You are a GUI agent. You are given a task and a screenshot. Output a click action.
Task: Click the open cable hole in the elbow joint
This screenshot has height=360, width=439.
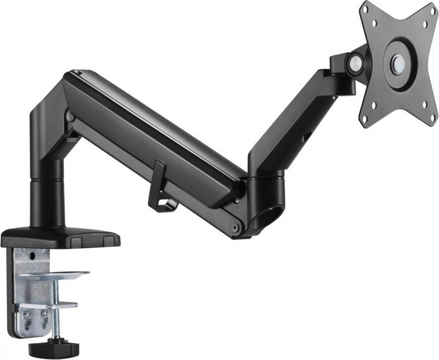270,217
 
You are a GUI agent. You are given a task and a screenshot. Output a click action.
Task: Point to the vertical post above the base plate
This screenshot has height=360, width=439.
45,201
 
